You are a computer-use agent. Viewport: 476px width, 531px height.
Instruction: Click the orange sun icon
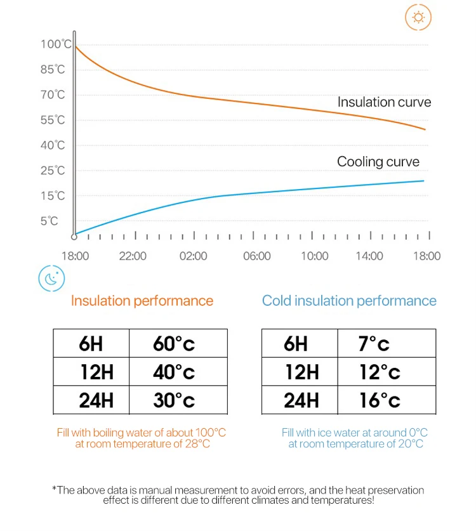[x=418, y=17]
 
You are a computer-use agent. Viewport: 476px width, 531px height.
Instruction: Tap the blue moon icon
[x=52, y=278]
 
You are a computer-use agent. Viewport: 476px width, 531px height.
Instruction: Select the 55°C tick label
[x=53, y=120]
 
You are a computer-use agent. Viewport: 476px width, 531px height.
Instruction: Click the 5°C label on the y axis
[x=50, y=221]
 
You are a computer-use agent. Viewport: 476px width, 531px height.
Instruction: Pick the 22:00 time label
[x=133, y=256]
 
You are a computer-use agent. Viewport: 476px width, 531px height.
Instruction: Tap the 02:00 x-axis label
[x=194, y=256]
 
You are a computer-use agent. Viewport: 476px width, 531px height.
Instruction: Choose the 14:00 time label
[x=369, y=256]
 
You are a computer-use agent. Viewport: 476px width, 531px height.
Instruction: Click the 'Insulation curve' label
[x=384, y=102]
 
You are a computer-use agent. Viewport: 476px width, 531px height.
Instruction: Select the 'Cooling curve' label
[x=378, y=162]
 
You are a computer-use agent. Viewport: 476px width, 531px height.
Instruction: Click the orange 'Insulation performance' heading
[x=142, y=301]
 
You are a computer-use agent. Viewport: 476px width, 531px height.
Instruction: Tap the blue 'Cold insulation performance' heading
[x=349, y=301]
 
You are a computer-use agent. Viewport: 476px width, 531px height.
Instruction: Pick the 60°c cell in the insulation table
[x=174, y=344]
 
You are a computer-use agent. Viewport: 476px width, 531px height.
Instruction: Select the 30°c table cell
[x=174, y=400]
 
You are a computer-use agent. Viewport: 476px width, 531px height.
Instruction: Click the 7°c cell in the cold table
[x=374, y=344]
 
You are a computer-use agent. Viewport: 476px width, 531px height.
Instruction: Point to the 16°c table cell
[x=380, y=400]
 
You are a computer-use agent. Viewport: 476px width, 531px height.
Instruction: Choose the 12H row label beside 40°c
[x=96, y=372]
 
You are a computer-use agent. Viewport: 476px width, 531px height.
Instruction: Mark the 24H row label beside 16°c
[x=301, y=400]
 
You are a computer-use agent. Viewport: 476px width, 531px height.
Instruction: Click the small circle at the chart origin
[x=74, y=236]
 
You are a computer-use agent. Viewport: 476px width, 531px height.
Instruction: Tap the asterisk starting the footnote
[x=54, y=488]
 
